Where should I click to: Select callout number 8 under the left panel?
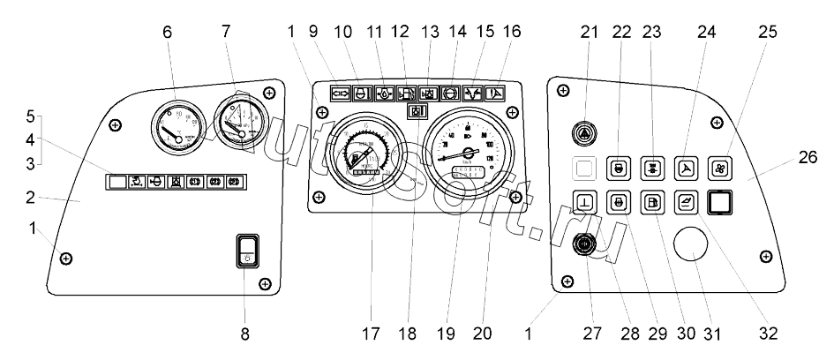tap(245, 334)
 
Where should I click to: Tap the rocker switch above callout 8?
tap(248, 249)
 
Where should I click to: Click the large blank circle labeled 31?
tap(693, 245)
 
